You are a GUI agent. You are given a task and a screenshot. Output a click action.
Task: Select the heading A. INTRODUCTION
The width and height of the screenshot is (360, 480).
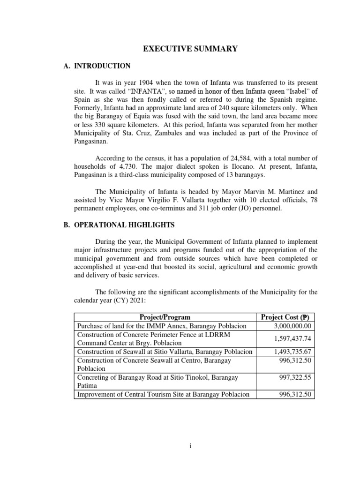click(97, 66)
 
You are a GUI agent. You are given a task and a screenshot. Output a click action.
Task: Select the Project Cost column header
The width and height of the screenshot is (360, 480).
click(285, 317)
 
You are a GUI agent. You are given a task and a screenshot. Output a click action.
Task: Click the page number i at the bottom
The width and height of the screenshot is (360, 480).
click(190, 446)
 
